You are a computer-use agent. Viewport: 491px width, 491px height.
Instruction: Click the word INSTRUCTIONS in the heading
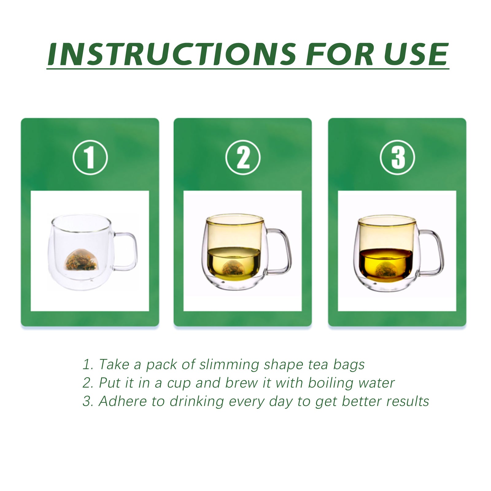tap(172, 54)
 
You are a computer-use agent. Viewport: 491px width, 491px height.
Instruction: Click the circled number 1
tap(90, 157)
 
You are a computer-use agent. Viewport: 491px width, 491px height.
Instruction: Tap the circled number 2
tap(243, 157)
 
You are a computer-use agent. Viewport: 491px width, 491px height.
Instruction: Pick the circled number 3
tap(397, 157)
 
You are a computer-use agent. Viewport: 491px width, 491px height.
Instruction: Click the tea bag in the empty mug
tap(81, 261)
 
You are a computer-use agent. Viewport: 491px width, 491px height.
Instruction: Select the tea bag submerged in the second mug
tap(233, 268)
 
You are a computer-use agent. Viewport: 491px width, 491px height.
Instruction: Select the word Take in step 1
tap(114, 365)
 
